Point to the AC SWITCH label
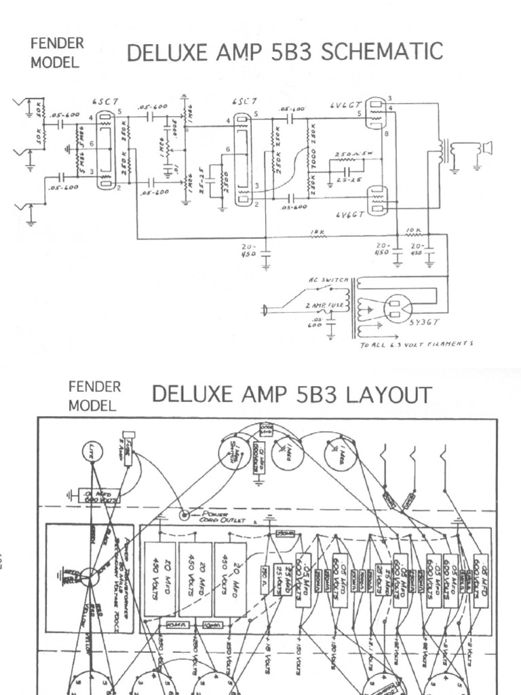click(329, 280)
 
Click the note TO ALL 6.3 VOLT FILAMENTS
click(416, 344)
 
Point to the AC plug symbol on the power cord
click(265, 311)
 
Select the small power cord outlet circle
click(183, 515)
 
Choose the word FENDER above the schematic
click(57, 43)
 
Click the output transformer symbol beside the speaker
click(445, 149)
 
